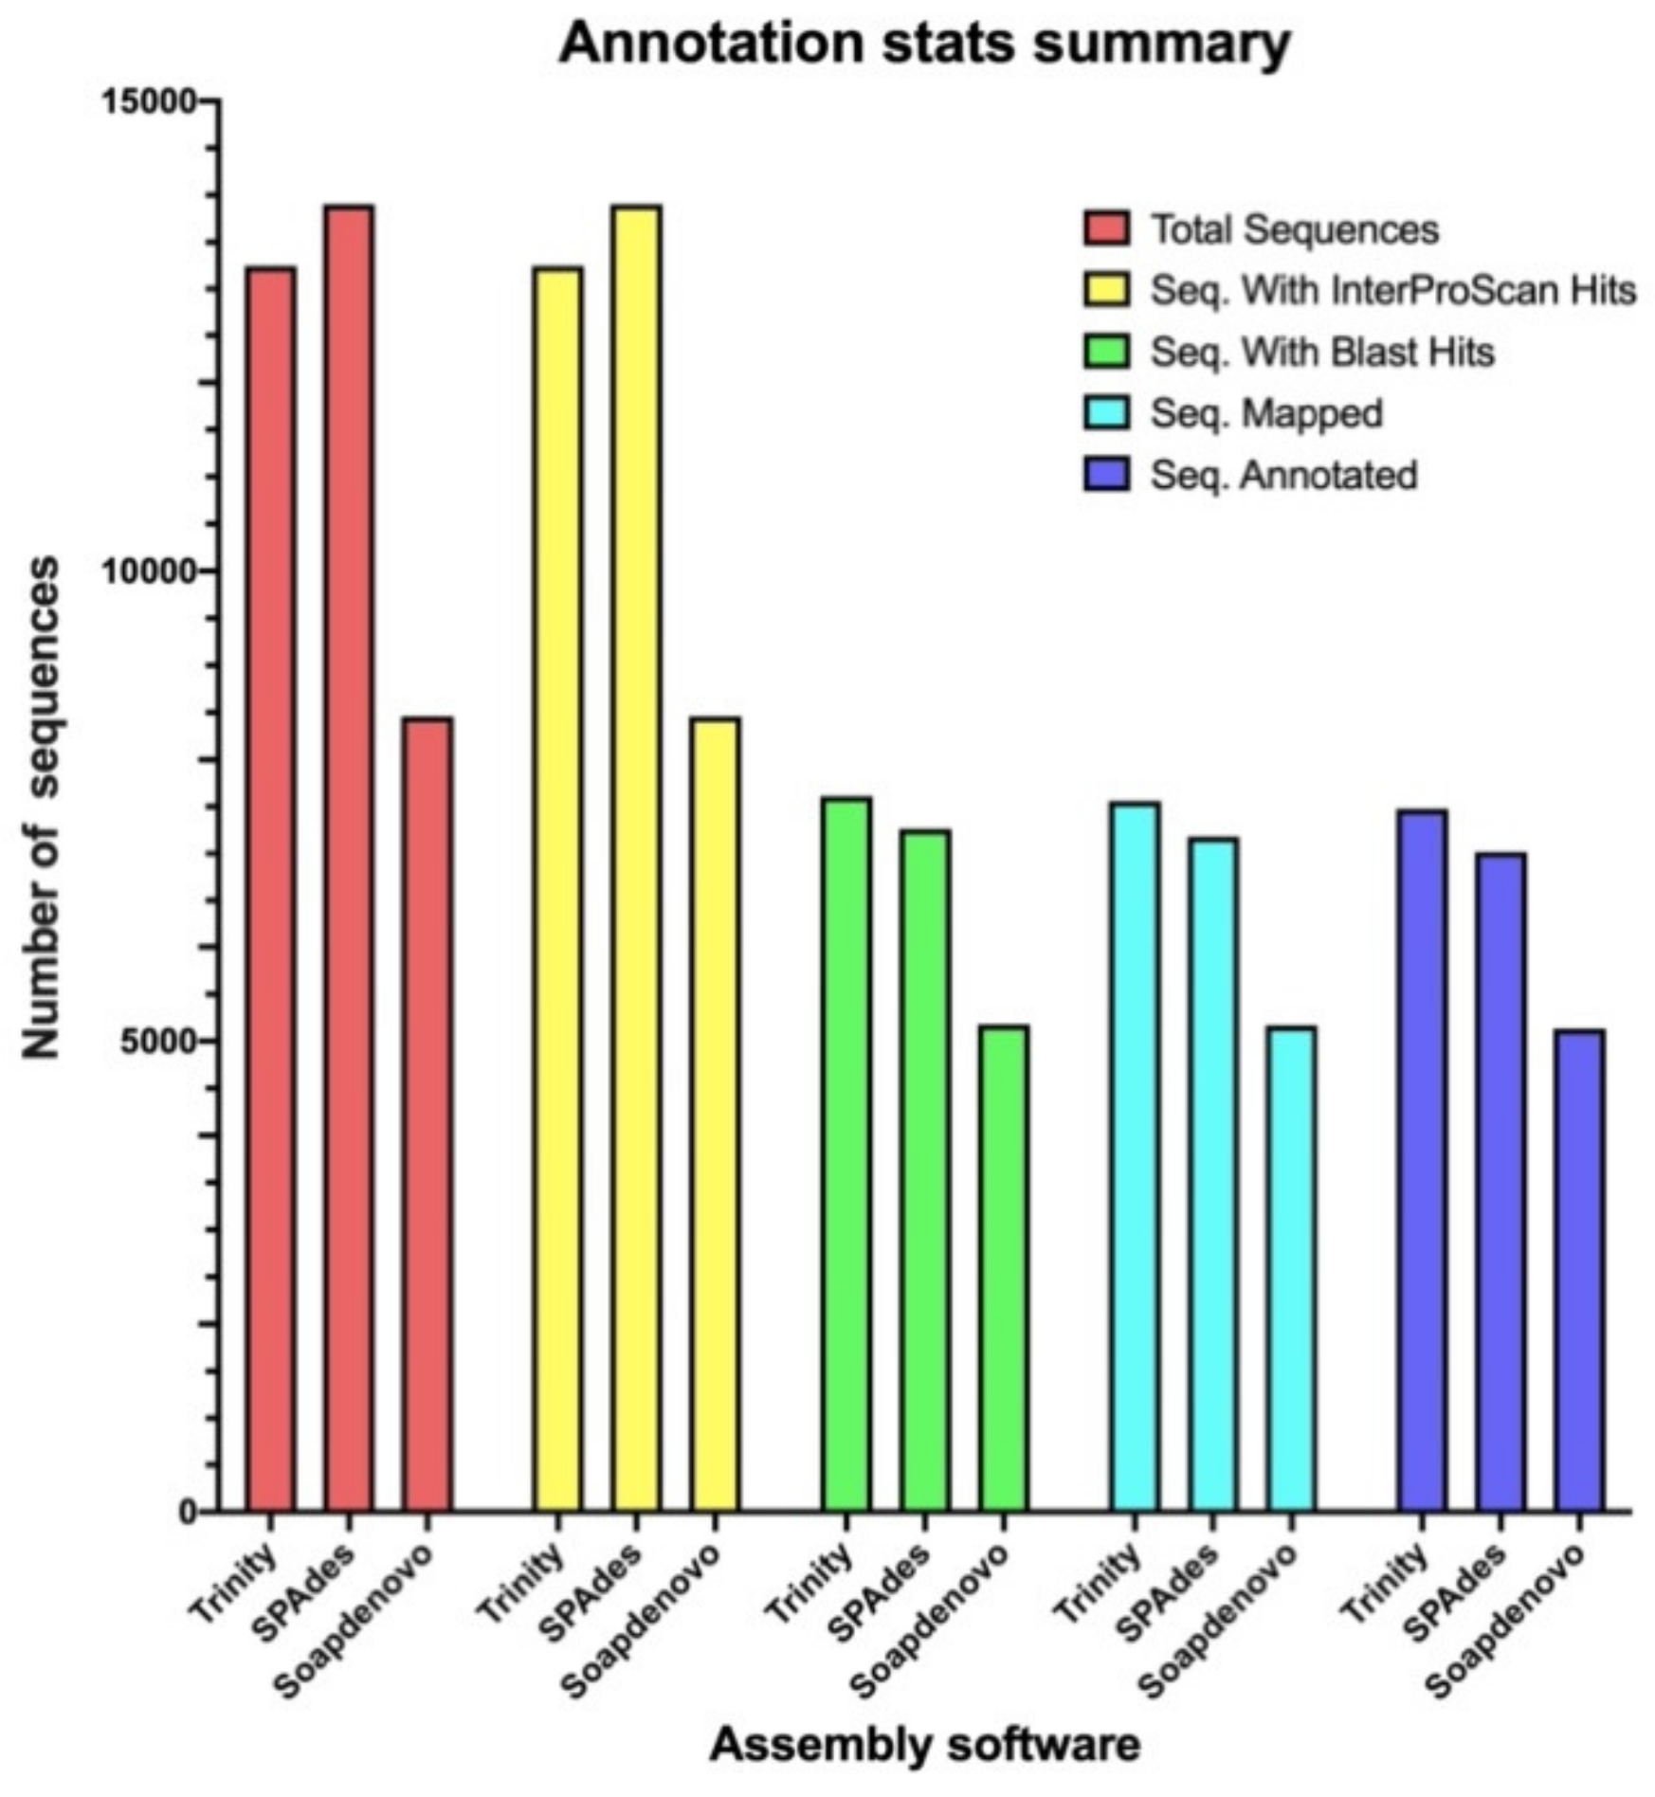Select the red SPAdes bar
tap(349, 858)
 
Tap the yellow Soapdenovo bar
tap(716, 1114)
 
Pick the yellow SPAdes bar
tap(637, 858)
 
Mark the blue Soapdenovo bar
tap(1579, 1269)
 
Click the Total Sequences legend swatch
tap(1106, 228)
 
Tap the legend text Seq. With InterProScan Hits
tap(1392, 290)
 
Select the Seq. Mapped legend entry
tap(1265, 413)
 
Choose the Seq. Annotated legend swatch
tap(1106, 474)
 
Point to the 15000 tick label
tap(148, 100)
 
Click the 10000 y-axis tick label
tap(148, 571)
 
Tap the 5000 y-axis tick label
tap(156, 1041)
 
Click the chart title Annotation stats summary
tap(924, 44)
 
